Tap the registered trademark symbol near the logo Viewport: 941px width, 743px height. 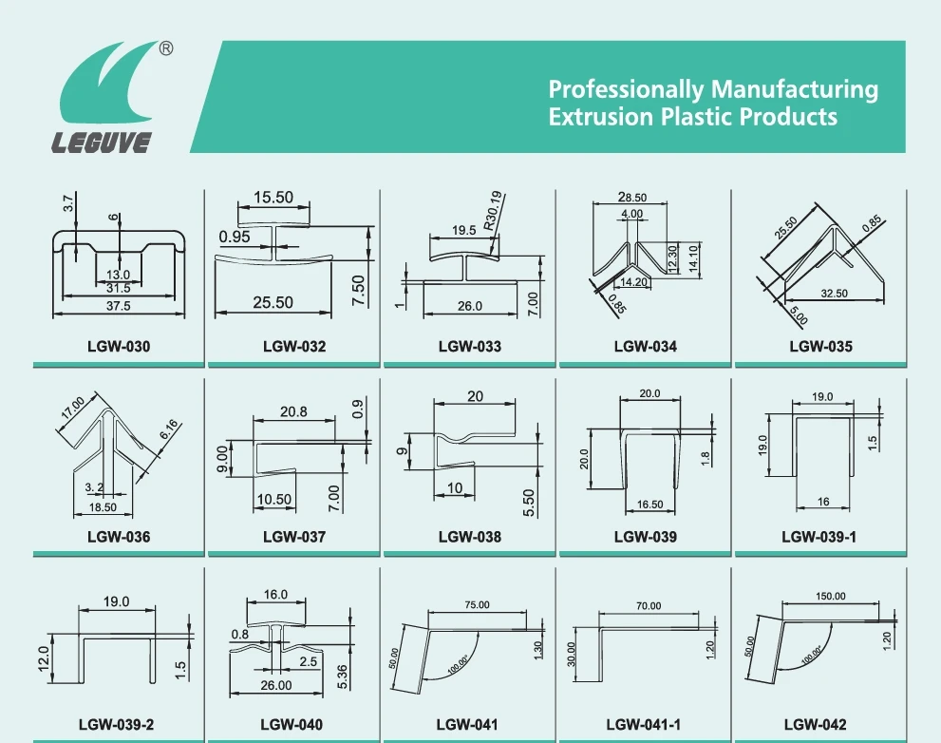click(x=165, y=48)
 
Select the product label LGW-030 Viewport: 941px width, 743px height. click(x=119, y=347)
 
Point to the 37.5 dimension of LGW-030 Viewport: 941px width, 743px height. click(x=118, y=306)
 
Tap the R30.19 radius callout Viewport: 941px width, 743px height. click(x=495, y=214)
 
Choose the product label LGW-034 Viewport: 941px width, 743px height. click(x=646, y=347)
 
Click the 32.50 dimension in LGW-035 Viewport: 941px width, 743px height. click(x=835, y=294)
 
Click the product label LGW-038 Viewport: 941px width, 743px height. click(x=470, y=537)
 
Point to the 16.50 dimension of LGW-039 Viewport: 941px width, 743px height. click(x=650, y=505)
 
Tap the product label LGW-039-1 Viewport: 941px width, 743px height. click(x=819, y=537)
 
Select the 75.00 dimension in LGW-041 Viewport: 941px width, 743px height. click(x=477, y=605)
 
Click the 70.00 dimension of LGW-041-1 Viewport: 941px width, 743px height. click(x=649, y=605)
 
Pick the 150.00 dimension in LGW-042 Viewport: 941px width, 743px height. click(x=830, y=597)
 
